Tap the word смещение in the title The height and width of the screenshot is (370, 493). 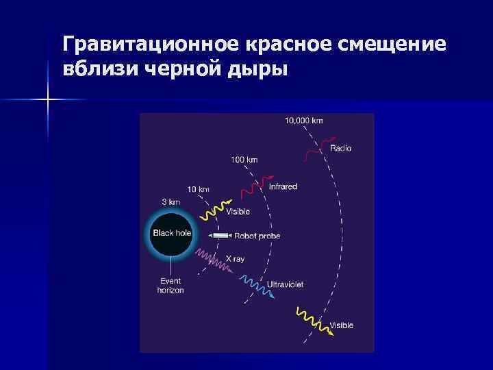[x=399, y=45]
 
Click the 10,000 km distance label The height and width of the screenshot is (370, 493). [x=304, y=121]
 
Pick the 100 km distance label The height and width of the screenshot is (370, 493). [x=244, y=160]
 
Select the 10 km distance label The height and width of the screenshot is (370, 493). [x=199, y=188]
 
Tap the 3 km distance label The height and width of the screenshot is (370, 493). [x=170, y=202]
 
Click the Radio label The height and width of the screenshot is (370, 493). [x=341, y=148]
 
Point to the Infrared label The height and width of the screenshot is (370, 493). [x=283, y=186]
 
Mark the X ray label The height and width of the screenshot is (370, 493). [x=235, y=259]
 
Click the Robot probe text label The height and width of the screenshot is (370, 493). [x=257, y=236]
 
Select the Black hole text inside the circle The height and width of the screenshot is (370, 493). [x=172, y=233]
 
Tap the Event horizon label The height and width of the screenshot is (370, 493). [x=170, y=286]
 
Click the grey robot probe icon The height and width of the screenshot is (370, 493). [x=221, y=236]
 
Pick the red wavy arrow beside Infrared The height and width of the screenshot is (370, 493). [x=260, y=183]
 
